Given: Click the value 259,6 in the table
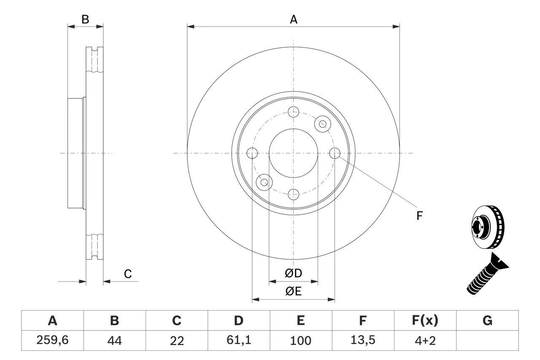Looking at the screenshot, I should [x=52, y=341].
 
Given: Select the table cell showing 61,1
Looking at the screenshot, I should [x=239, y=341].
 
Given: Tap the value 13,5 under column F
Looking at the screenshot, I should [x=363, y=341].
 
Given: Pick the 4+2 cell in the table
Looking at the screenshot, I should [x=425, y=341].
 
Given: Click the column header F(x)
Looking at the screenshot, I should [x=425, y=321].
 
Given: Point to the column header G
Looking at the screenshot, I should [x=487, y=321].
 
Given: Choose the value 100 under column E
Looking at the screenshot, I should [x=301, y=341].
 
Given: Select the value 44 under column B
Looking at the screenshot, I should [x=114, y=341].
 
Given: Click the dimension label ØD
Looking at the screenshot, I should [x=294, y=273].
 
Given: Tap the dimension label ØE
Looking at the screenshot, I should [x=294, y=292].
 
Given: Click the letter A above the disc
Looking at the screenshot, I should [x=294, y=19].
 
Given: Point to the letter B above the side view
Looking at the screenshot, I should [x=85, y=19].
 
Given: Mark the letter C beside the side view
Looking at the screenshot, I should [x=128, y=274].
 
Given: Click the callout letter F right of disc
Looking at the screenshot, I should [x=419, y=216].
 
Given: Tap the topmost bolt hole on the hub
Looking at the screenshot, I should [x=293, y=112].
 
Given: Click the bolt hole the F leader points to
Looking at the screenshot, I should [x=335, y=153].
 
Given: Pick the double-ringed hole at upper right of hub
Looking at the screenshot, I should [x=323, y=124].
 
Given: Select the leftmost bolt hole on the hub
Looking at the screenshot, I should [x=252, y=153].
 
